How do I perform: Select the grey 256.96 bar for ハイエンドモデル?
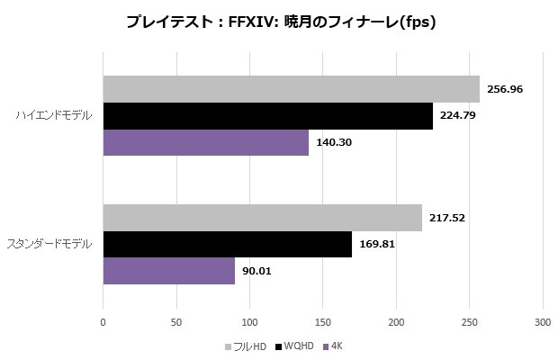pyautogui.click(x=291, y=89)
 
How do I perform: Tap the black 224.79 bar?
pyautogui.click(x=267, y=116)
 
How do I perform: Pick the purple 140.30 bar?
pyautogui.click(x=205, y=142)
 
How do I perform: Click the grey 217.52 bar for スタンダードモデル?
pyautogui.click(x=262, y=218)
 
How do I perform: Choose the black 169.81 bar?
pyautogui.click(x=227, y=245)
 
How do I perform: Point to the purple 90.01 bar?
pyautogui.click(x=168, y=271)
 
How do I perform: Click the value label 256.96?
pyautogui.click(x=505, y=89)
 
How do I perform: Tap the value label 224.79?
pyautogui.click(x=457, y=116)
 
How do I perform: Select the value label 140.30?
pyautogui.click(x=333, y=142)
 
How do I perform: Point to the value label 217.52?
pyautogui.click(x=446, y=218)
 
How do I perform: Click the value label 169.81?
pyautogui.click(x=376, y=245)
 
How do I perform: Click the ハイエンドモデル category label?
pyautogui.click(x=54, y=116)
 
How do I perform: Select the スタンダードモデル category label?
pyautogui.click(x=49, y=245)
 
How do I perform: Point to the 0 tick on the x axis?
pyautogui.click(x=103, y=321)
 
